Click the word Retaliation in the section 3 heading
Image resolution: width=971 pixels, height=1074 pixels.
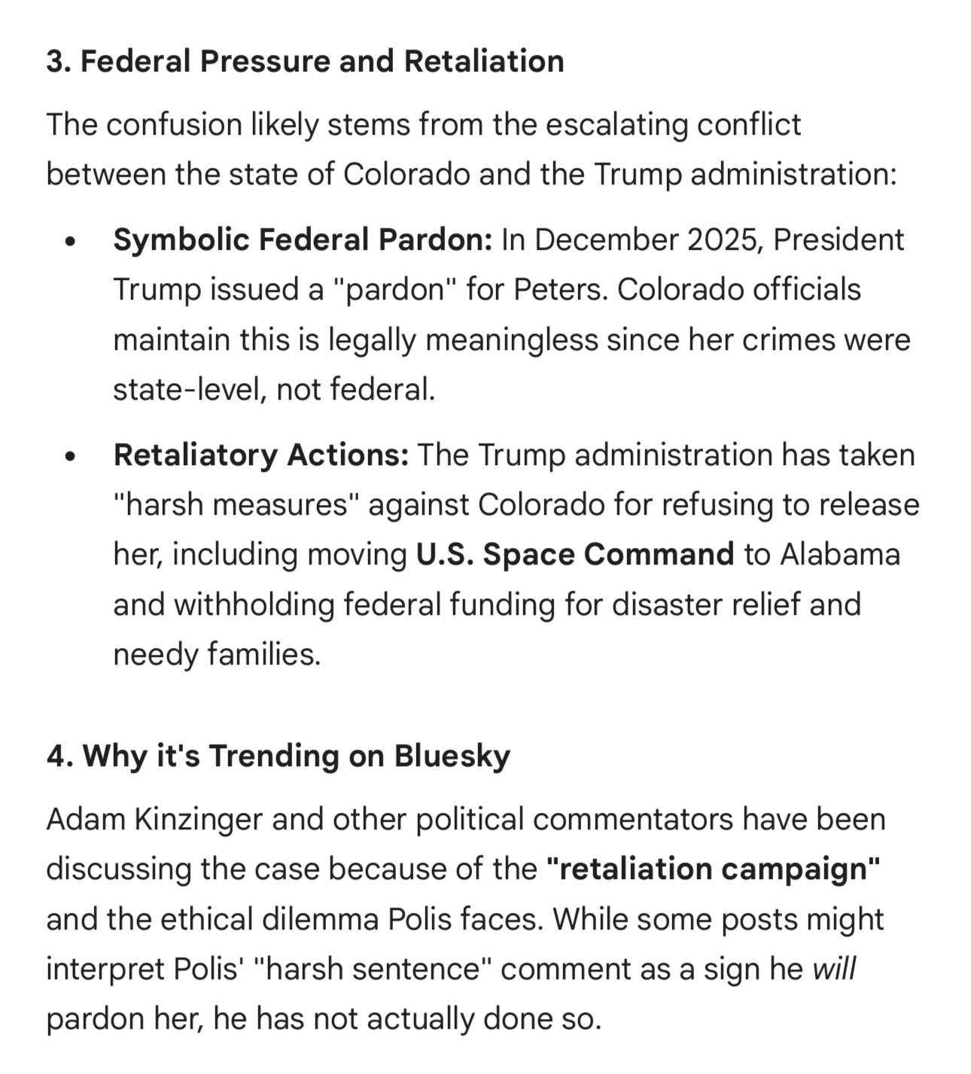[x=483, y=61]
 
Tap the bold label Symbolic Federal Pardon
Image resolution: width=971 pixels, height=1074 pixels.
[x=303, y=240]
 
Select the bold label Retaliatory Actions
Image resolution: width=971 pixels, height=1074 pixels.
[x=260, y=455]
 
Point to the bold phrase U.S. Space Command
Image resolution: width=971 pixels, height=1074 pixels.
[x=574, y=555]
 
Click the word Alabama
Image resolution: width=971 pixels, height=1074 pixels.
[x=839, y=555]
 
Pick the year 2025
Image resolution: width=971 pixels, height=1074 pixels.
[x=725, y=240]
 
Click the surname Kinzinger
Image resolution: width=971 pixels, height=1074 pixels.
[x=199, y=820]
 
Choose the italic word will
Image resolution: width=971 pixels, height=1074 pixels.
[x=834, y=969]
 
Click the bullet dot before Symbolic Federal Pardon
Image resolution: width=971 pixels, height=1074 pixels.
[x=71, y=242]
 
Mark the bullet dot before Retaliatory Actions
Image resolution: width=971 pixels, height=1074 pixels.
[x=71, y=457]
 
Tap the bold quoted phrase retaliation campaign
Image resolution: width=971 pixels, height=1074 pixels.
[x=713, y=869]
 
